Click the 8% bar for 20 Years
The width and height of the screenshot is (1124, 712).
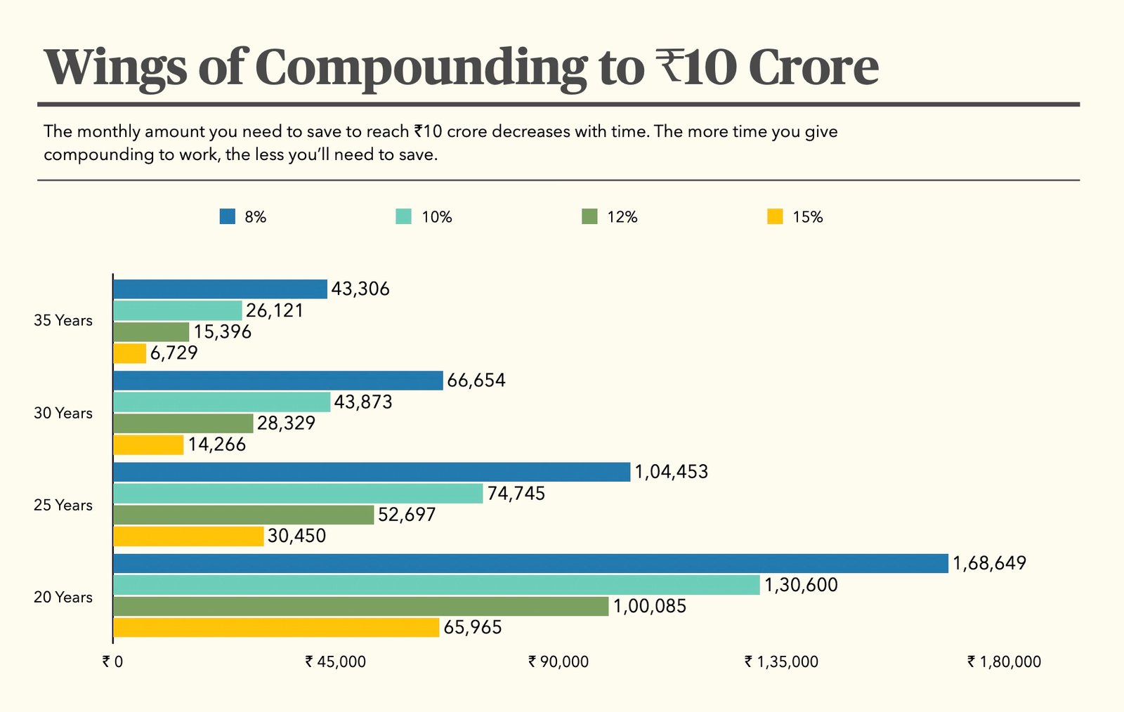[x=530, y=563]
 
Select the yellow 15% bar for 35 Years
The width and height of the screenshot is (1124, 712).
[x=130, y=353]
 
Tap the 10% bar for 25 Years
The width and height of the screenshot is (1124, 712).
[x=298, y=494]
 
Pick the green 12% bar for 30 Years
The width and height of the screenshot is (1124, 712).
[x=183, y=423]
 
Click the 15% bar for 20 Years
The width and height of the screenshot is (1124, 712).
[x=276, y=627]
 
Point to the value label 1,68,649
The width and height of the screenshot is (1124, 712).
[x=989, y=563]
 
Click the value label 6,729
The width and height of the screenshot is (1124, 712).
[x=174, y=352]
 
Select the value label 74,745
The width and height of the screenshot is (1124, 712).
[x=516, y=494]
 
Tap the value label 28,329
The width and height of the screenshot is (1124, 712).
[x=286, y=423]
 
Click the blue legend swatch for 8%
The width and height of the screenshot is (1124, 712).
[x=227, y=217]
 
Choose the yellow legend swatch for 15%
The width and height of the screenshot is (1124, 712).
[x=775, y=217]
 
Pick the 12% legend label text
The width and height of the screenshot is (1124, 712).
[x=622, y=218]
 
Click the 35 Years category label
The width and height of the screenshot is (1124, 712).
[x=63, y=321]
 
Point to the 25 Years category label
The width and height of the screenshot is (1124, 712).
[x=63, y=506]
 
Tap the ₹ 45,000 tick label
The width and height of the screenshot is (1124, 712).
[x=336, y=661]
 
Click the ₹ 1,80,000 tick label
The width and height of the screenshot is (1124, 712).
[x=1004, y=661]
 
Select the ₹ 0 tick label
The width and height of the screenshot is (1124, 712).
[x=112, y=661]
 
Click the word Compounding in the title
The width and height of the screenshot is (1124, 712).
[x=420, y=68]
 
